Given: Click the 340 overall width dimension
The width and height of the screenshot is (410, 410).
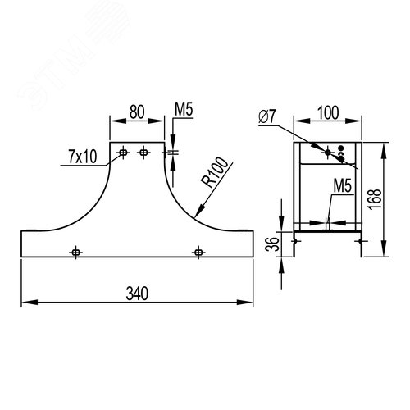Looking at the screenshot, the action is [x=137, y=294].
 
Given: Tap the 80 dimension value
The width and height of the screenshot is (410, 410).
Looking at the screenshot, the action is [x=137, y=112].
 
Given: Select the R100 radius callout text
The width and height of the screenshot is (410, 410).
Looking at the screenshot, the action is [x=214, y=173].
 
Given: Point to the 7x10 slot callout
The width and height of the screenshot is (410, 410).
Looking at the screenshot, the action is [x=83, y=157].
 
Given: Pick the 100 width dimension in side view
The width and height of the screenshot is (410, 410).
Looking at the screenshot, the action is [x=328, y=112].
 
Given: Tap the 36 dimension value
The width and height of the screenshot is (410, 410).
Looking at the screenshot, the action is [x=272, y=244].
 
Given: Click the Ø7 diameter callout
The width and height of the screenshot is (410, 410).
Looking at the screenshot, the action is [x=267, y=116].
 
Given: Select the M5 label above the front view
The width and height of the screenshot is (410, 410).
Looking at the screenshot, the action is [x=184, y=110].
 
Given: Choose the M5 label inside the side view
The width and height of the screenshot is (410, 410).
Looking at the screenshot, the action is [x=342, y=186].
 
